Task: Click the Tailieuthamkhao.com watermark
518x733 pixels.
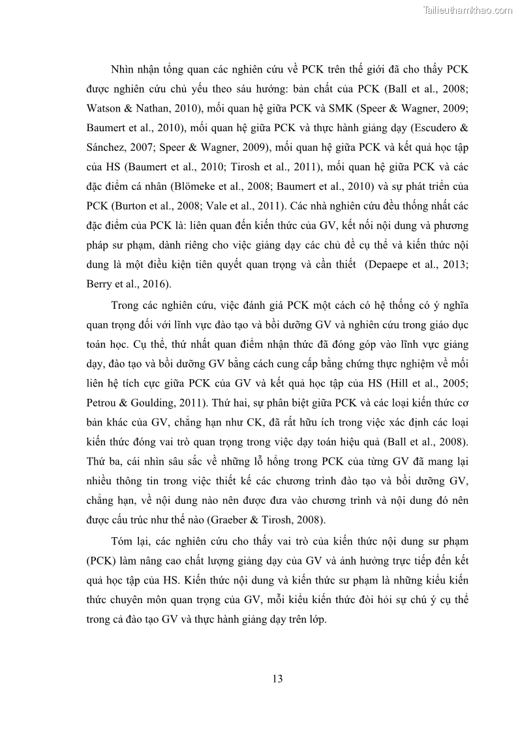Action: pyautogui.click(x=468, y=10)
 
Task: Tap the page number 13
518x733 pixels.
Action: pyautogui.click(x=277, y=679)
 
